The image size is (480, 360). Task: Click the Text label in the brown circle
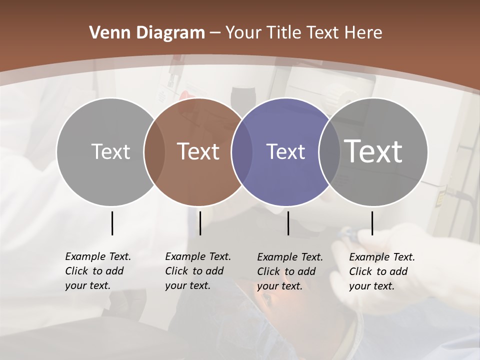[x=198, y=151]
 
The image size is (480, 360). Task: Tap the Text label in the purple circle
[x=285, y=151]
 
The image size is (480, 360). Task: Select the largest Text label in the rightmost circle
[x=373, y=151]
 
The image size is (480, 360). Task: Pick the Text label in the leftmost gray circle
[x=110, y=151]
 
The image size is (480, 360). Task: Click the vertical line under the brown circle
[x=200, y=223]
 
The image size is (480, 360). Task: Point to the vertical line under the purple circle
[x=288, y=223]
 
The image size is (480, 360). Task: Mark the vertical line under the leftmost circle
[x=112, y=223]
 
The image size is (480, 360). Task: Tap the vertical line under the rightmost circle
[x=372, y=223]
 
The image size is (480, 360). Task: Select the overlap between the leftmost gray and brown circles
[x=154, y=152]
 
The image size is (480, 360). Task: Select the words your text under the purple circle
[x=280, y=286]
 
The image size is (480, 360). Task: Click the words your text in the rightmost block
[x=372, y=286]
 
